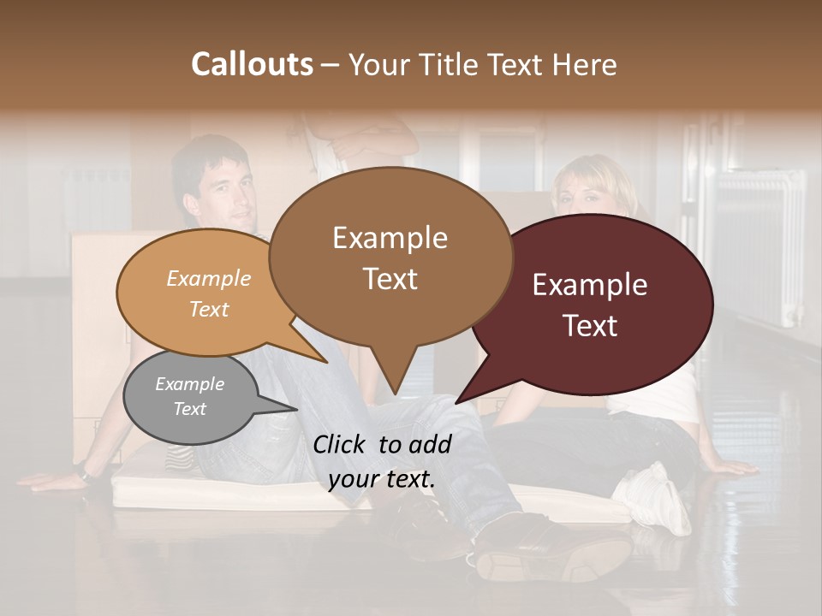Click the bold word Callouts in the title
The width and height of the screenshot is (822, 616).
point(252,64)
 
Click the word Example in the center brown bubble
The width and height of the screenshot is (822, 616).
point(390,238)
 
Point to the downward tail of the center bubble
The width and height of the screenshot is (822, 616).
point(395,376)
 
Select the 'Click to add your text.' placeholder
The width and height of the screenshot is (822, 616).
point(382,461)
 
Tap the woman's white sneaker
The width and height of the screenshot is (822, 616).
point(655,500)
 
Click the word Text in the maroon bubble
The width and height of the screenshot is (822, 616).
point(591,325)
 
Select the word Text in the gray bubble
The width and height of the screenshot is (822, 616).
point(190,409)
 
